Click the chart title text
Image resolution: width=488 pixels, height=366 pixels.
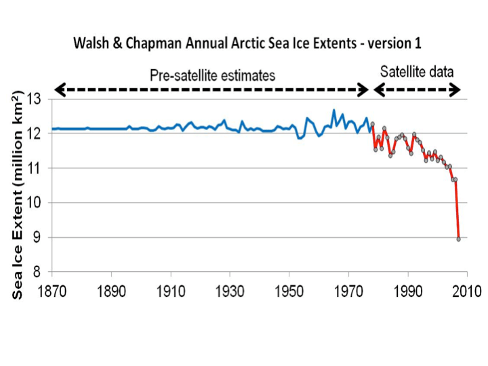pos(247,43)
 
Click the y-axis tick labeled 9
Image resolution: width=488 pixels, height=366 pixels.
pos(41,237)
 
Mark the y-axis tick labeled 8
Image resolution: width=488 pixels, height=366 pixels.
pos(41,272)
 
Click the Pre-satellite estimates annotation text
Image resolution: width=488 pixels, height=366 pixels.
pos(212,75)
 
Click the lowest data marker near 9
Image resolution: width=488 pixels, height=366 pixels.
pos(459,239)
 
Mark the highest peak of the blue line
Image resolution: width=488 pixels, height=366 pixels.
pos(333,110)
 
